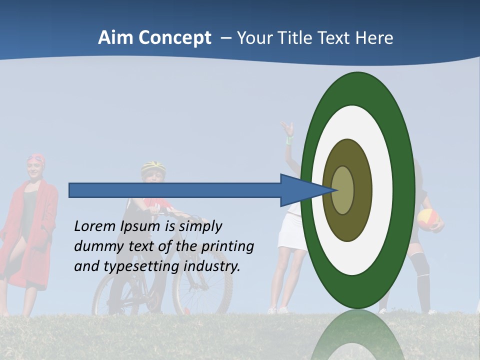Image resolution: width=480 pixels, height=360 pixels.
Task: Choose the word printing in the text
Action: click(x=228, y=246)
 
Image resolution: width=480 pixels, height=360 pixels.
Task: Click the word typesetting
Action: click(x=141, y=266)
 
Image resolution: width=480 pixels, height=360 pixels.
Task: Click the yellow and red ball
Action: click(x=428, y=219)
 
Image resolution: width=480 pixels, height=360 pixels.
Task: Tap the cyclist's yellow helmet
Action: click(x=153, y=166)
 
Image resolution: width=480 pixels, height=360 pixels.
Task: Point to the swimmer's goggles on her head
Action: click(x=35, y=159)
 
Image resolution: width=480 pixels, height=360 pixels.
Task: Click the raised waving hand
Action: click(x=287, y=129)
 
